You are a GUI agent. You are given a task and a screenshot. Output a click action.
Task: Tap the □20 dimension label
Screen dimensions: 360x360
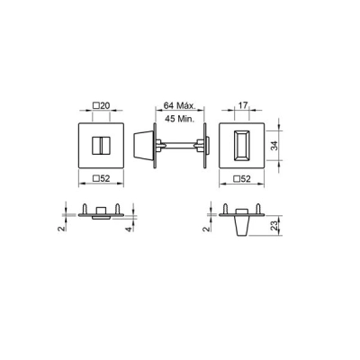tap(101, 106)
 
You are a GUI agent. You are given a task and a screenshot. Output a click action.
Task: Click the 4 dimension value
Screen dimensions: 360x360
tap(131, 229)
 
